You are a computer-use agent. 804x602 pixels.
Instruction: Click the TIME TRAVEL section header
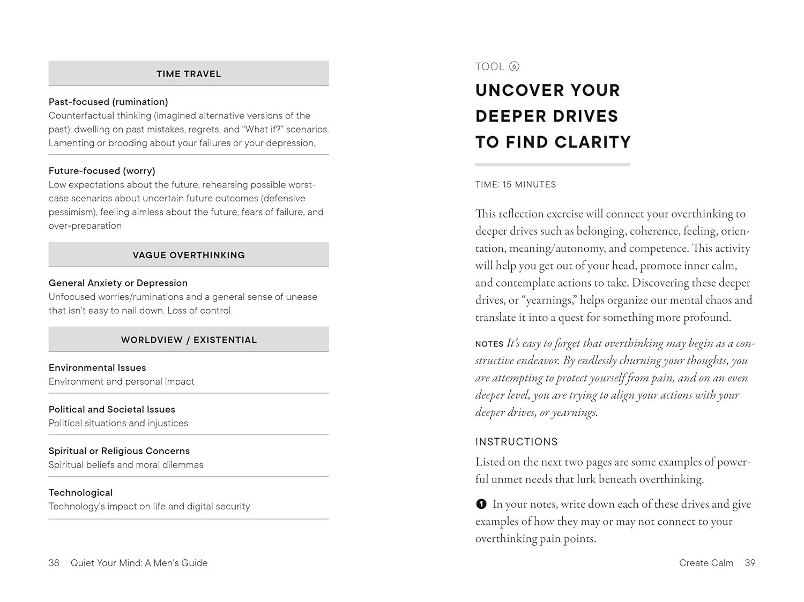pos(189,74)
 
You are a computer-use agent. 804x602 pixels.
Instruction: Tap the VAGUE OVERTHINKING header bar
pos(189,255)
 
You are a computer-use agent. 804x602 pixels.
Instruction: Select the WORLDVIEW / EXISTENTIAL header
pos(189,340)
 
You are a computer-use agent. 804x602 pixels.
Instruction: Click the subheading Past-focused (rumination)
pos(108,102)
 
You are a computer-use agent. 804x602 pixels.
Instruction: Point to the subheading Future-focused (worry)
pos(102,171)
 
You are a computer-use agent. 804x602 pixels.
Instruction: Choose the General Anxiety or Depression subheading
pos(118,283)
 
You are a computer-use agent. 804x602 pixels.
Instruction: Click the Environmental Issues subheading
pos(97,368)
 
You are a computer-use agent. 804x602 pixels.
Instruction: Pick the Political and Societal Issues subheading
pos(111,409)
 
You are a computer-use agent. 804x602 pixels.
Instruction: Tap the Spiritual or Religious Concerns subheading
pos(119,451)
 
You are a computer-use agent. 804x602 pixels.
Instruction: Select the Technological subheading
pos(80,493)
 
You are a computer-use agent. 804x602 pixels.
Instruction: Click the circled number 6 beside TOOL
pos(514,67)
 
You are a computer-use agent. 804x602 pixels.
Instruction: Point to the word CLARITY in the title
pos(593,142)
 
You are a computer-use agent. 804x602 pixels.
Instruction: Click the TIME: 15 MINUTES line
pos(516,185)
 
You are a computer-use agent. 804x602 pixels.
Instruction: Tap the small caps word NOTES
pos(489,344)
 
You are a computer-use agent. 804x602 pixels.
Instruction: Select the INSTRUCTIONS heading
pos(516,442)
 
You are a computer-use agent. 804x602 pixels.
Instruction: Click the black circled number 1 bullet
pos(481,504)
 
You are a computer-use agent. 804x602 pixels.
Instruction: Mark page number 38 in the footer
pos(54,563)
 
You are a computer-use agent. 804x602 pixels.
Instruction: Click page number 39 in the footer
pos(750,563)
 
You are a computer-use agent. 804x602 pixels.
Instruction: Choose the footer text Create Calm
pos(706,563)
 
